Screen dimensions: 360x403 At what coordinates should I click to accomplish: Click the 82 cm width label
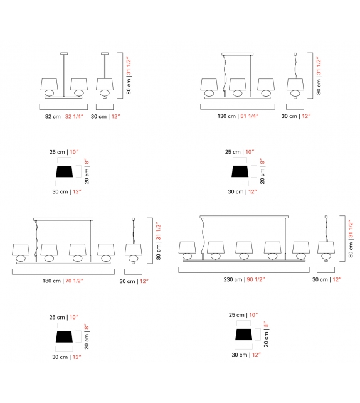tap(53, 116)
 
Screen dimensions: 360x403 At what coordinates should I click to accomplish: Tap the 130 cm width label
tap(226, 116)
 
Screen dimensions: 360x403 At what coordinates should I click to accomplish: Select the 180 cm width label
tap(51, 281)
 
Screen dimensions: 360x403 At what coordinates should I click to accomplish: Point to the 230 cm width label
tap(233, 279)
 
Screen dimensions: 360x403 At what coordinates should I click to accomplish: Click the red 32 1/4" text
tap(75, 116)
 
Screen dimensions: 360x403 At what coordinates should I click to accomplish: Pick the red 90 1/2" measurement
tap(256, 279)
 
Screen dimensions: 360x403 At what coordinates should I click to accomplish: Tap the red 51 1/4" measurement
tap(250, 116)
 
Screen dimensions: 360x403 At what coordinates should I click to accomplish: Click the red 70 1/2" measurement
tap(75, 281)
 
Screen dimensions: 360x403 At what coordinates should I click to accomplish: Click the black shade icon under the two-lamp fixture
tap(64, 171)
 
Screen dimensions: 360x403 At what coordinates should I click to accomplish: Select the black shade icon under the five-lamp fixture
tap(244, 335)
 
